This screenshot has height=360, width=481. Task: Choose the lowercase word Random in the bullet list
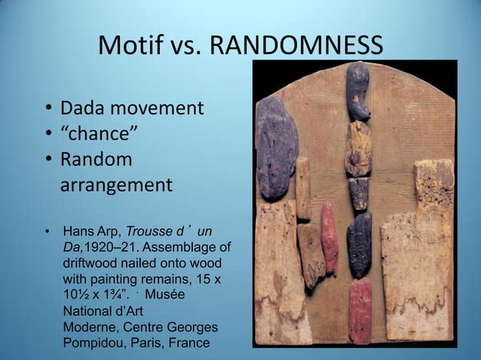click(96, 160)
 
